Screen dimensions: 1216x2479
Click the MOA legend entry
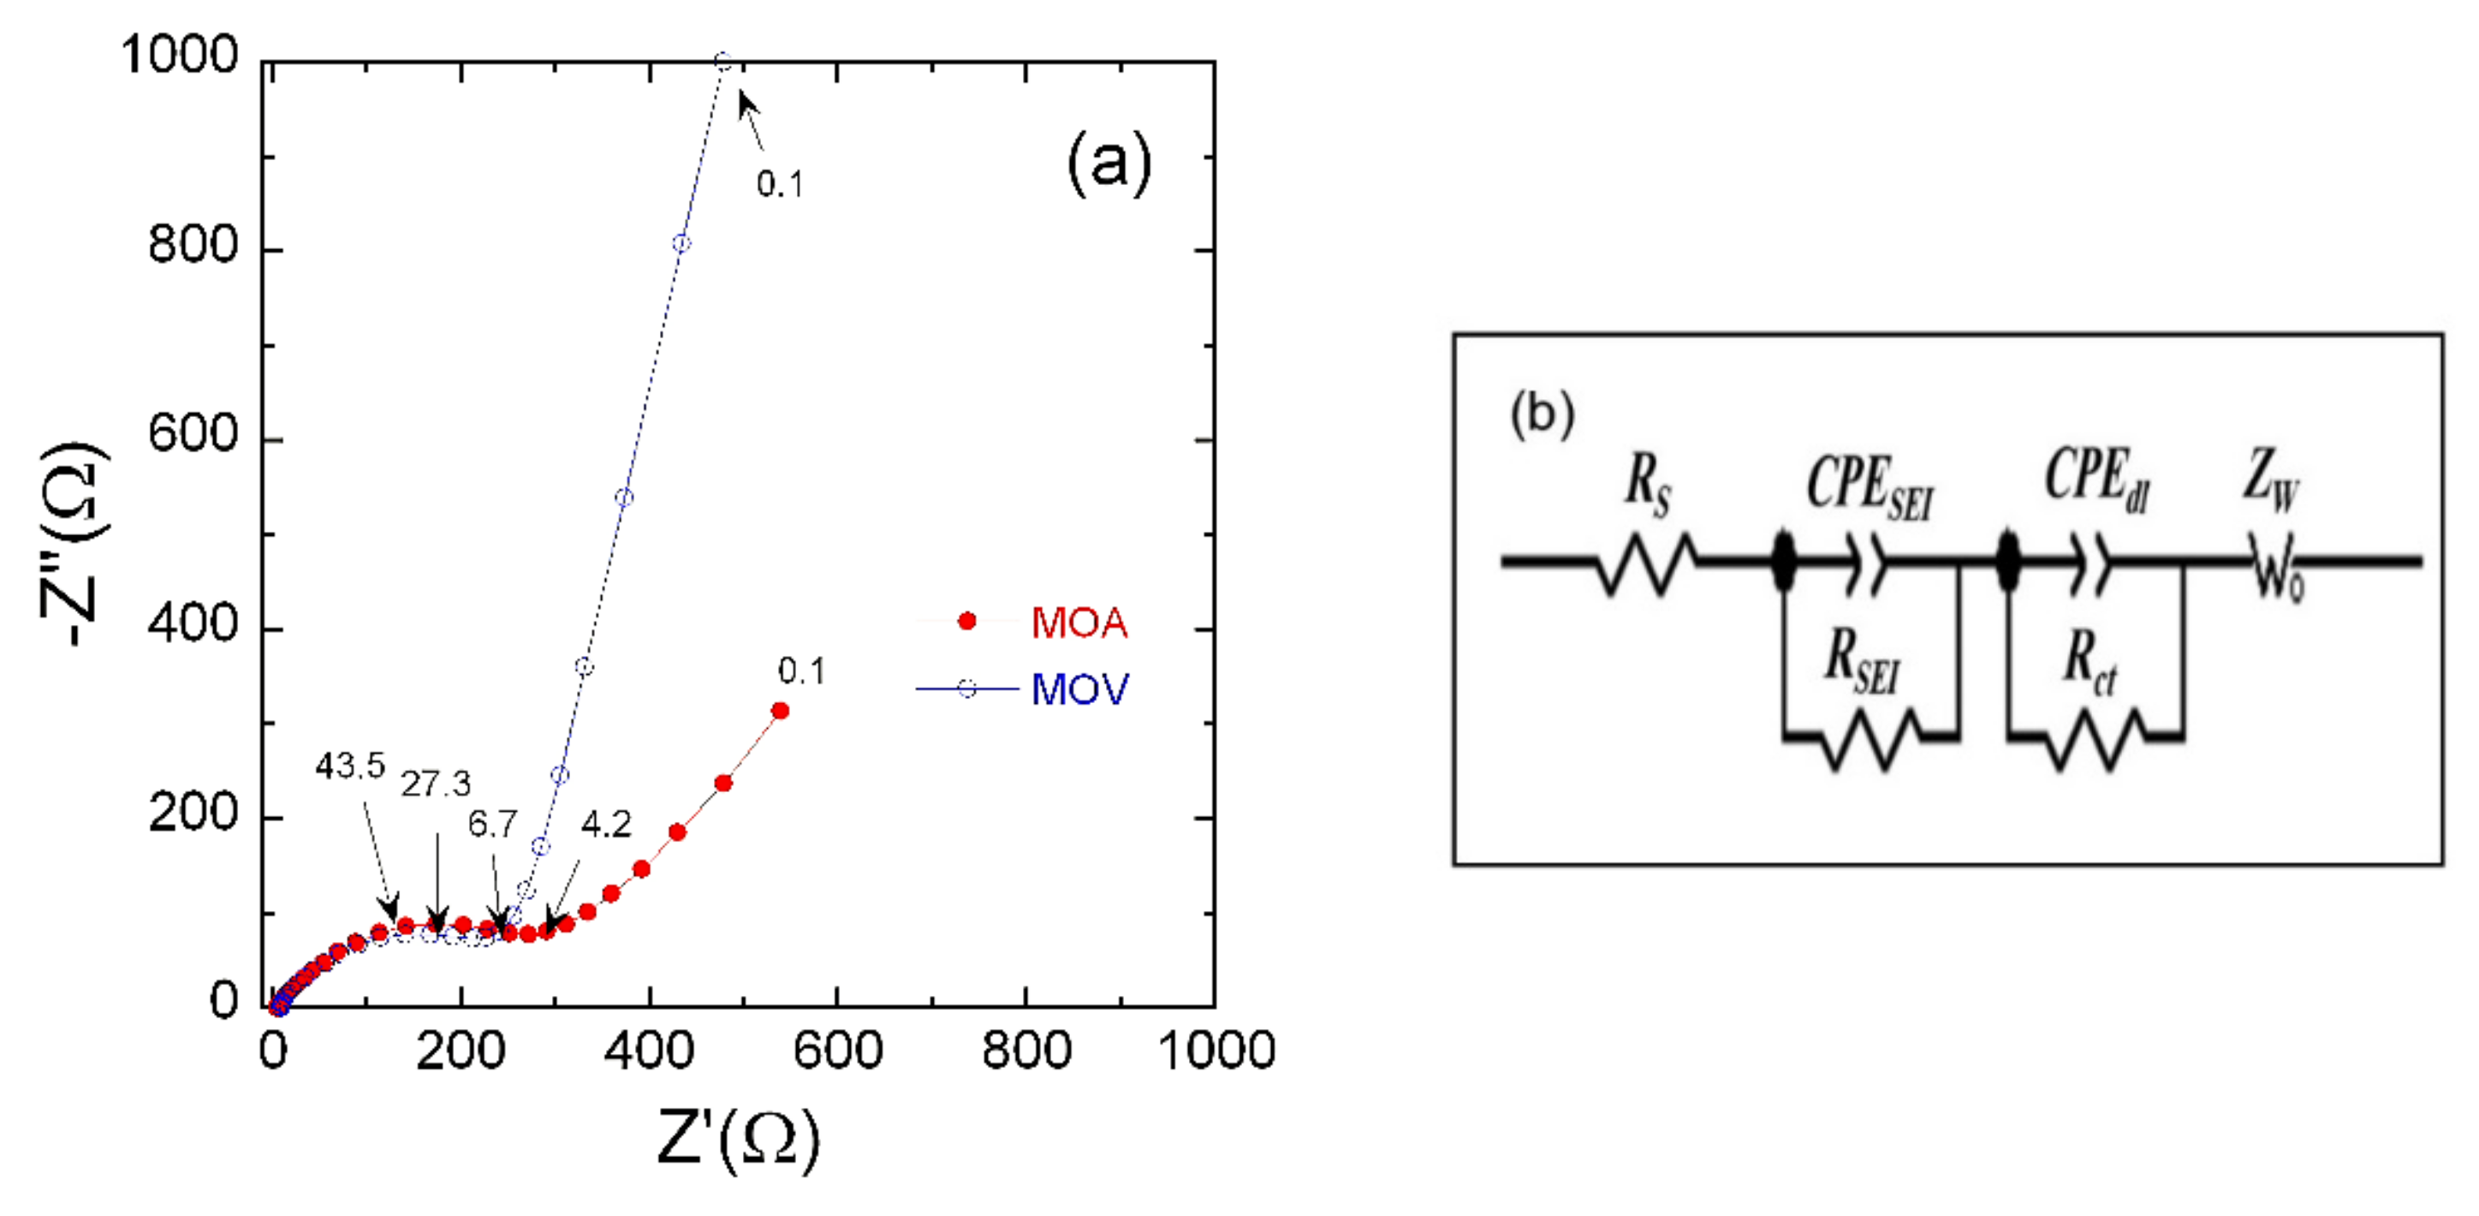1078,623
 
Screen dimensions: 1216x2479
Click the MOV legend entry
1079,689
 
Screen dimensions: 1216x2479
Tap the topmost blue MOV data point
723,63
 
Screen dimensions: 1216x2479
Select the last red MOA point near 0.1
781,711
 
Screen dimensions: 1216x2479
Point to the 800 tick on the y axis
193,246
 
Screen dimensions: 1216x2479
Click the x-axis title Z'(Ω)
738,1139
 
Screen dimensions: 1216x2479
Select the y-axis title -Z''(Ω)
75,544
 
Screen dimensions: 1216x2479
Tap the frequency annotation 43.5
350,766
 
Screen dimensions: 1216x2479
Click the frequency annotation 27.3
436,784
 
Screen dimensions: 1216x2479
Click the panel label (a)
1109,164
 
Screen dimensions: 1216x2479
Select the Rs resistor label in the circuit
1647,486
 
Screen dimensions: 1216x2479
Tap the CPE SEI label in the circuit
1869,486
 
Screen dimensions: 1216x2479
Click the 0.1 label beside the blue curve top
780,184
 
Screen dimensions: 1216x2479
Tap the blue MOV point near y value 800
681,242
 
